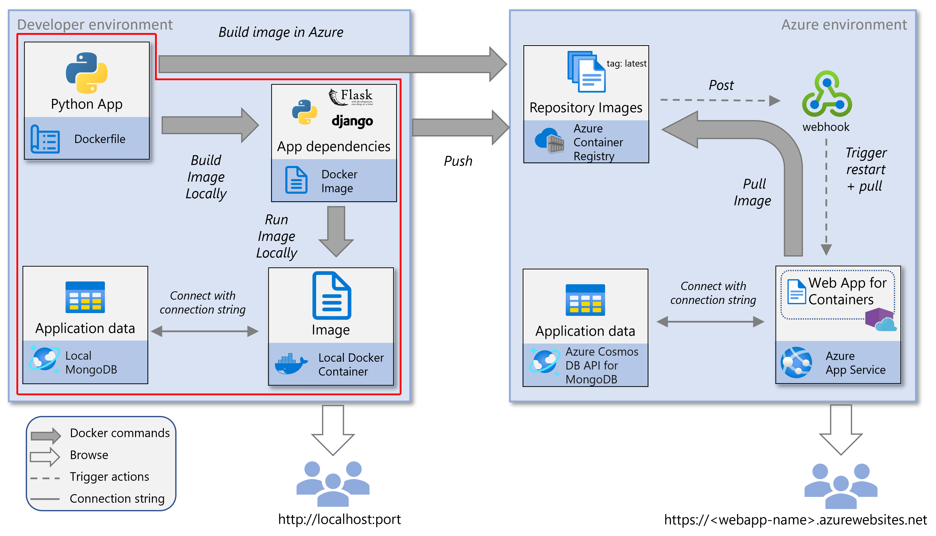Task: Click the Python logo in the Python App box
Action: click(87, 73)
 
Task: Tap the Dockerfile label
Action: click(99, 139)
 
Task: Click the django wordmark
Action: click(352, 121)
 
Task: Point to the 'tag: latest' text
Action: click(626, 64)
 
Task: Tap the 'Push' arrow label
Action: click(458, 161)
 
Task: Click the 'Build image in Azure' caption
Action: click(281, 32)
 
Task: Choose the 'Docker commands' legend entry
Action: click(120, 433)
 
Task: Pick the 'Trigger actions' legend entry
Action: click(109, 477)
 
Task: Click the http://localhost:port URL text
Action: click(339, 519)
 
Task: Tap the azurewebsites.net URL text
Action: click(795, 520)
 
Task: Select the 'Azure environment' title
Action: click(844, 25)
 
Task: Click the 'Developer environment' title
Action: click(95, 25)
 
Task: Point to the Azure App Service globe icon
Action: click(796, 363)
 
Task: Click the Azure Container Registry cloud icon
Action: click(549, 140)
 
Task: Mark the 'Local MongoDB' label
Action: click(91, 363)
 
